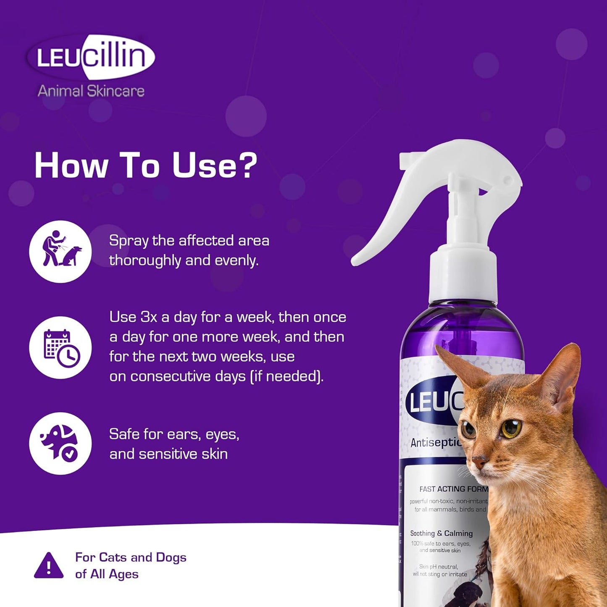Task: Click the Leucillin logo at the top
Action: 91,57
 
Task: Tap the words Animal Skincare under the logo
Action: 91,91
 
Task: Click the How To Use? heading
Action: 145,165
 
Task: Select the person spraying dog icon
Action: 60,251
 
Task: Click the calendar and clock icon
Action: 60,348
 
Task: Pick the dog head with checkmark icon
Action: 60,443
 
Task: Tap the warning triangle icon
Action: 49,566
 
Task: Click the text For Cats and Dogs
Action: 131,557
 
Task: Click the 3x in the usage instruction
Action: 149,317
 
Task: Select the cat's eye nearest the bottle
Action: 468,429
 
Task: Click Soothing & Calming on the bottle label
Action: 441,533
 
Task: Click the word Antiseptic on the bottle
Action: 435,442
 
